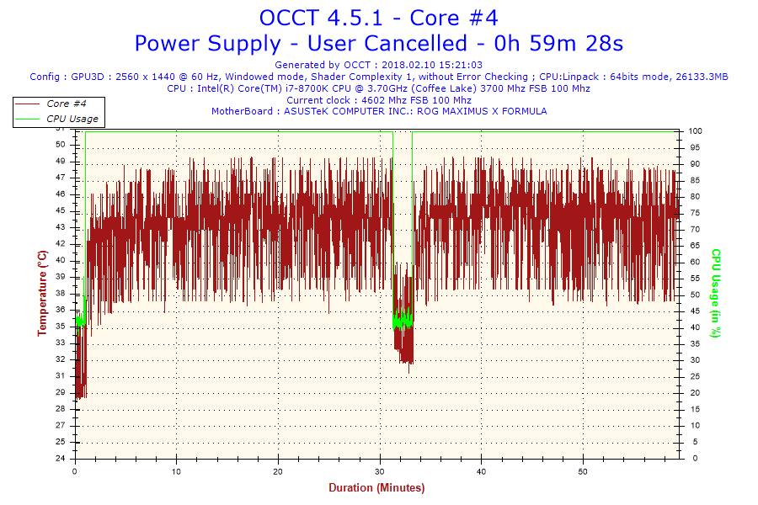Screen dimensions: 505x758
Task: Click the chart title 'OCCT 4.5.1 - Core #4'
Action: point(378,18)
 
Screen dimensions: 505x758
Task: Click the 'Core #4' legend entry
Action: point(67,104)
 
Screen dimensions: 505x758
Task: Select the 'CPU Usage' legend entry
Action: point(72,119)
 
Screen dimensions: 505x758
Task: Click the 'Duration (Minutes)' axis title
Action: point(376,488)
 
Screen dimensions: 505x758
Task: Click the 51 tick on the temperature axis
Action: point(60,144)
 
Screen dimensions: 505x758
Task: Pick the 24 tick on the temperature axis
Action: point(60,459)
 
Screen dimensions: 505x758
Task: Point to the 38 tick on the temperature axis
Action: point(60,294)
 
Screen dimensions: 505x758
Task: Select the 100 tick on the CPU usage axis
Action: point(696,131)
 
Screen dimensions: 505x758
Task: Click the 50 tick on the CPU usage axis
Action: point(694,295)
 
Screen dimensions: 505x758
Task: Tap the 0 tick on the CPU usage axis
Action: point(691,459)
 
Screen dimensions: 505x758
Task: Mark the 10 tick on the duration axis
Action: point(177,472)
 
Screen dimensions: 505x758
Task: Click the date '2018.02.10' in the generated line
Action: point(408,65)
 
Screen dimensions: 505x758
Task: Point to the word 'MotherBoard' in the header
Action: point(242,111)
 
